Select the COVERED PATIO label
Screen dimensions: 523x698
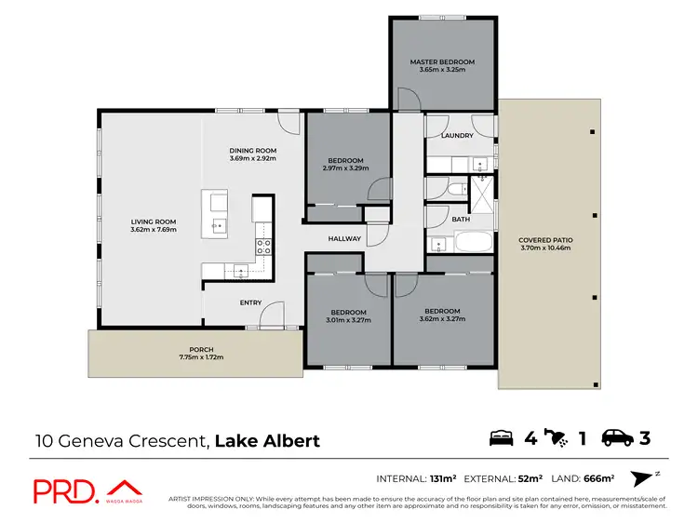tap(545, 240)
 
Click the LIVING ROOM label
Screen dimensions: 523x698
tap(154, 221)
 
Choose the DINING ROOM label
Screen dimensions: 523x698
tap(253, 151)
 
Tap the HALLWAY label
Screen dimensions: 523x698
tap(344, 239)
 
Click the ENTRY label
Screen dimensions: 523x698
tap(250, 302)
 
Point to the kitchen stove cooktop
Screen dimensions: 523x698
tap(263, 247)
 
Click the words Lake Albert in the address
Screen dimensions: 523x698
tap(267, 440)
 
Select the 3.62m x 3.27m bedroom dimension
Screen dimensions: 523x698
tap(442, 319)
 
